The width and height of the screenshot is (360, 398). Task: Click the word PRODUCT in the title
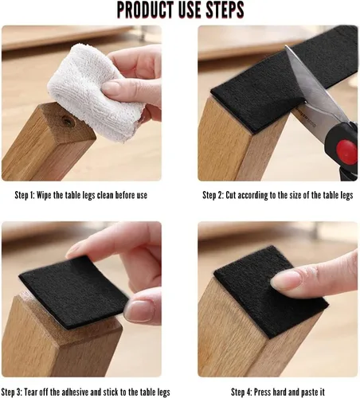coord(144,10)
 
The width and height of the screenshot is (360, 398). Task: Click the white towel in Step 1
coord(96,92)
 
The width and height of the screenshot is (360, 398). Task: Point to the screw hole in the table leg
coord(68,121)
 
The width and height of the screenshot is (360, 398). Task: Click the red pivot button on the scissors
coord(346,149)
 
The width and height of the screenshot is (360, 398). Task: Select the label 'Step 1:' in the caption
coord(25,195)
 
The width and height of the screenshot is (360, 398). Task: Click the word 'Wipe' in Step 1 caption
coord(44,195)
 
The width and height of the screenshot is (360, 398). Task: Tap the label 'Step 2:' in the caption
coord(213,195)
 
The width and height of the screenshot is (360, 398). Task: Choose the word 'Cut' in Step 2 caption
coord(231,195)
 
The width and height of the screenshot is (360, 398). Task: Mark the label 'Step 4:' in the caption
coord(241,392)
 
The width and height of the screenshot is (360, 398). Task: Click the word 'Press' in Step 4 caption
coord(262,392)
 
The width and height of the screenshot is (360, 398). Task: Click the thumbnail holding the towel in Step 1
coord(112,88)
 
